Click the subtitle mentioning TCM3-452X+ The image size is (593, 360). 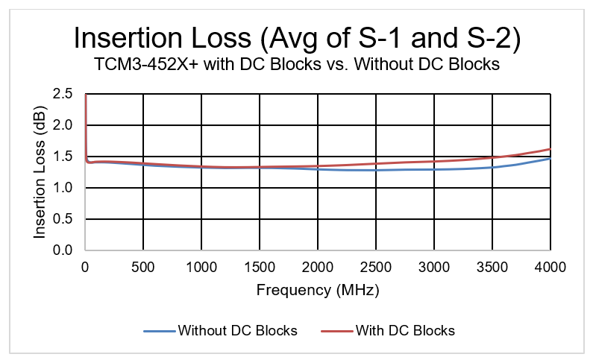[296, 65]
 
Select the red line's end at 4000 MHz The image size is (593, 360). [550, 149]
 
